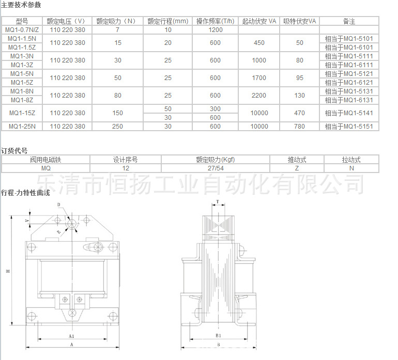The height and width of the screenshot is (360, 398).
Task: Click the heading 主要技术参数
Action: click(21, 5)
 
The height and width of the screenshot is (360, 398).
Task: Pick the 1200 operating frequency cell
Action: click(216, 30)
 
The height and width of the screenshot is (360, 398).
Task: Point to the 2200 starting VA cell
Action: click(259, 96)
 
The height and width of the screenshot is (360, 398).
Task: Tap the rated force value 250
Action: click(118, 127)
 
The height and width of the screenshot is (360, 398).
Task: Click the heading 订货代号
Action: click(14, 150)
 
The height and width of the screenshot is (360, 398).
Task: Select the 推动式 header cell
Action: click(297, 160)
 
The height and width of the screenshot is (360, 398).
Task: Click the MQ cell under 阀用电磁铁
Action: click(46, 168)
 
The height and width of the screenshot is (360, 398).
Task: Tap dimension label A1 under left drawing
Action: click(71, 336)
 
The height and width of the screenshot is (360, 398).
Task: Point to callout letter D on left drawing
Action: click(58, 205)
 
